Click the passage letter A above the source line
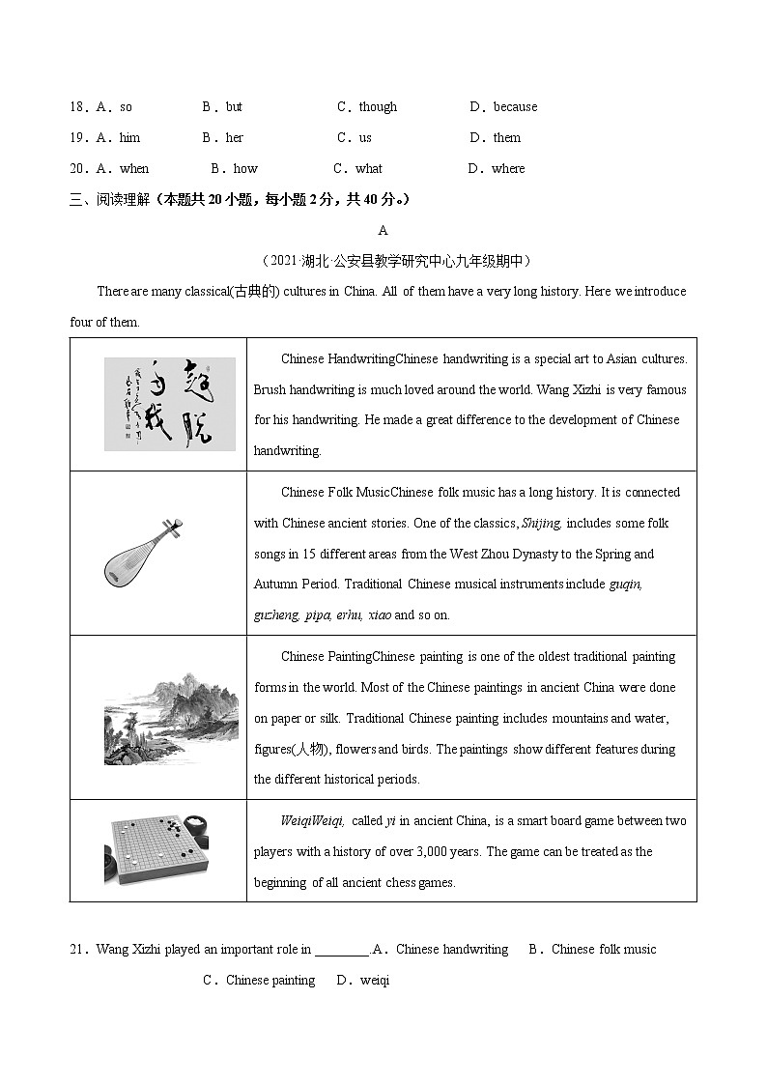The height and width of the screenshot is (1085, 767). tap(383, 231)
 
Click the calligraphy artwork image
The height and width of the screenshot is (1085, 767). tap(169, 404)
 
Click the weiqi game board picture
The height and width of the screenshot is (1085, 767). tap(157, 850)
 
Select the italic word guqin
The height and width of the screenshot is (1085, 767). tap(625, 585)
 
